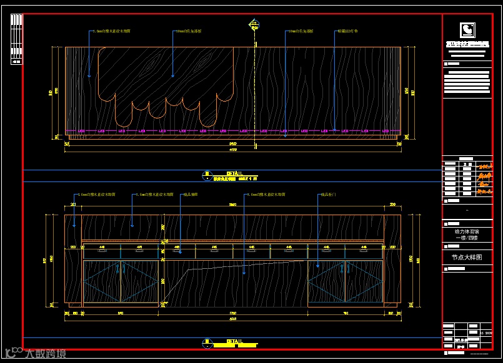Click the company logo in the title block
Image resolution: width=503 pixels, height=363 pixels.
pos(467,30)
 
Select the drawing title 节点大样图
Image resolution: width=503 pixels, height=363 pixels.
pos(467,257)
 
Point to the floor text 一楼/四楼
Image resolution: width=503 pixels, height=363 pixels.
pos(467,238)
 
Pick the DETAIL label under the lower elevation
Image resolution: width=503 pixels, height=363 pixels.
pos(225,341)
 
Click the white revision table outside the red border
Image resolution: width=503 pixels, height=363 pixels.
pos(16,38)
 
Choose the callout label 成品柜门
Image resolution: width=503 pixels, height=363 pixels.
pos(329,195)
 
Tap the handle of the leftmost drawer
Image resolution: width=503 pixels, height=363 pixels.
pos(101,251)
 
